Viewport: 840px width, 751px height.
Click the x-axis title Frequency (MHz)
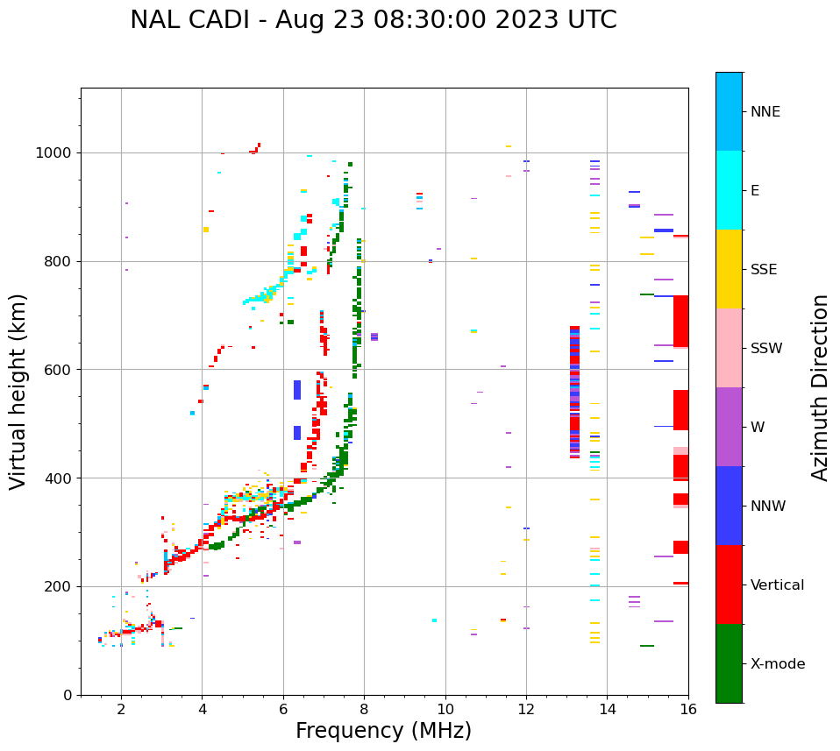coord(383,731)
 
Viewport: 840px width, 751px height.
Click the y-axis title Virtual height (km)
coord(18,391)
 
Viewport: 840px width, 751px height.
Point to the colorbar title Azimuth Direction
coord(820,387)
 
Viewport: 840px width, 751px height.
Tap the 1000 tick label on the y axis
coord(55,153)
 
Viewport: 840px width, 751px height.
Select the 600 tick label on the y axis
coord(59,370)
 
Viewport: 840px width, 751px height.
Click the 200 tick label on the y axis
coord(59,586)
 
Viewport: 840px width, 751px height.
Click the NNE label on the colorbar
coord(765,112)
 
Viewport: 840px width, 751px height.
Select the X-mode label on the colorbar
coord(777,664)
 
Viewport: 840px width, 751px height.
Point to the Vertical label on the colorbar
coord(777,585)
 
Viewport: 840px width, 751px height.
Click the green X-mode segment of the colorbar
coord(729,663)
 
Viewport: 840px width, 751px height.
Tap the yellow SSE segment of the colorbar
coord(729,269)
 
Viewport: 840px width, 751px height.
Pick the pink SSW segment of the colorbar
coord(729,348)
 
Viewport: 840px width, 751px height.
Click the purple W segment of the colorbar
coord(729,427)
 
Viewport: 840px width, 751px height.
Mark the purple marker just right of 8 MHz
coord(374,337)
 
